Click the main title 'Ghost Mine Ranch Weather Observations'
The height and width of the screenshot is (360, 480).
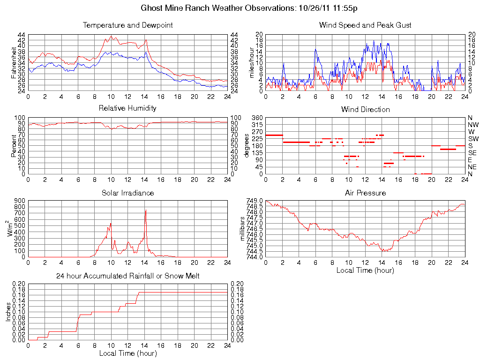(x=249, y=8)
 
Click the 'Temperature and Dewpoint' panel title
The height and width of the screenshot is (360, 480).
(x=127, y=25)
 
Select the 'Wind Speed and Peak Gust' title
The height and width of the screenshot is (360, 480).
(x=365, y=25)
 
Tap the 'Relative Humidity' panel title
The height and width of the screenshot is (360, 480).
(x=127, y=108)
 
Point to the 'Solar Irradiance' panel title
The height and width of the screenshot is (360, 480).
(x=127, y=193)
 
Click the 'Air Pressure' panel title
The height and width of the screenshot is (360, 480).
(x=365, y=193)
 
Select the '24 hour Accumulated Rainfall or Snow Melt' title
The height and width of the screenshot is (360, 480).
(x=127, y=276)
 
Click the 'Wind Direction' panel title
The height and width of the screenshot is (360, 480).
(x=365, y=109)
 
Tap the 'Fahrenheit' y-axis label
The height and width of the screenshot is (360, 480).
(x=14, y=63)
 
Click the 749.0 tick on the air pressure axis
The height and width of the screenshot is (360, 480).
(x=255, y=201)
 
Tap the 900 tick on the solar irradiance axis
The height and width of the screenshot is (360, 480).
(x=19, y=201)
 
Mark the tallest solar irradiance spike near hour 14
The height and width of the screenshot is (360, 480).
(x=146, y=210)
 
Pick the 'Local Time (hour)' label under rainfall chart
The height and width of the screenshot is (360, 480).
(x=127, y=353)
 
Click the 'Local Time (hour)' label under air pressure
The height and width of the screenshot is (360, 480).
(x=365, y=270)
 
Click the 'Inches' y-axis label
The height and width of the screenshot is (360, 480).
(x=8, y=312)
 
